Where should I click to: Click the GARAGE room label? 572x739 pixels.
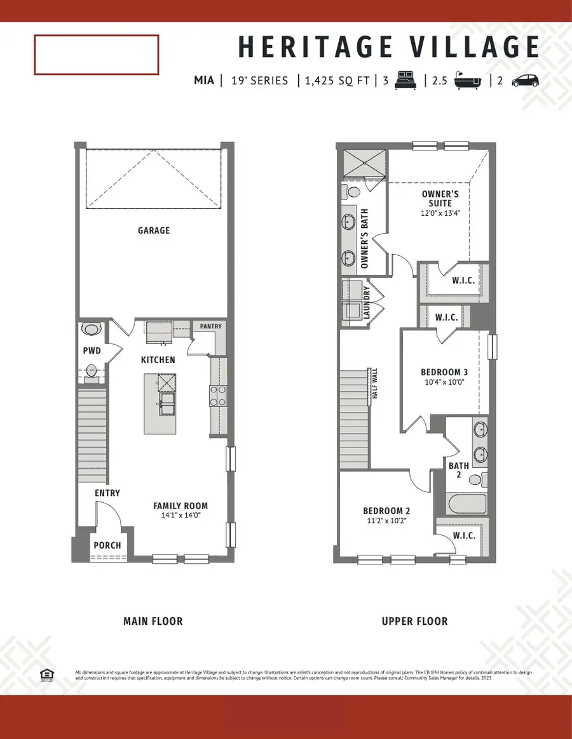(x=154, y=230)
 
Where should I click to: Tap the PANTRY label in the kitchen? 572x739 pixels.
(x=210, y=326)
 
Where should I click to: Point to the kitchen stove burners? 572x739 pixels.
(x=218, y=396)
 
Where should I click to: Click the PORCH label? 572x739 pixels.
(x=107, y=545)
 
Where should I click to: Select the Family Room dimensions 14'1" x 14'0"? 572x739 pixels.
(x=180, y=516)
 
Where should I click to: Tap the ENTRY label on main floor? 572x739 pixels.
(x=107, y=493)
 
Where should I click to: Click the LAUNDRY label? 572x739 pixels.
(x=366, y=302)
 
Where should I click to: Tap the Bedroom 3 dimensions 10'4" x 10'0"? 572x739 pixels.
(x=444, y=383)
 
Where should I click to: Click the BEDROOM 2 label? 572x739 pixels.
(x=386, y=510)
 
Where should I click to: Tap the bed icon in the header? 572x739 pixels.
(x=405, y=81)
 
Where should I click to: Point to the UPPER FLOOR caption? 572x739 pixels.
(x=414, y=621)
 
